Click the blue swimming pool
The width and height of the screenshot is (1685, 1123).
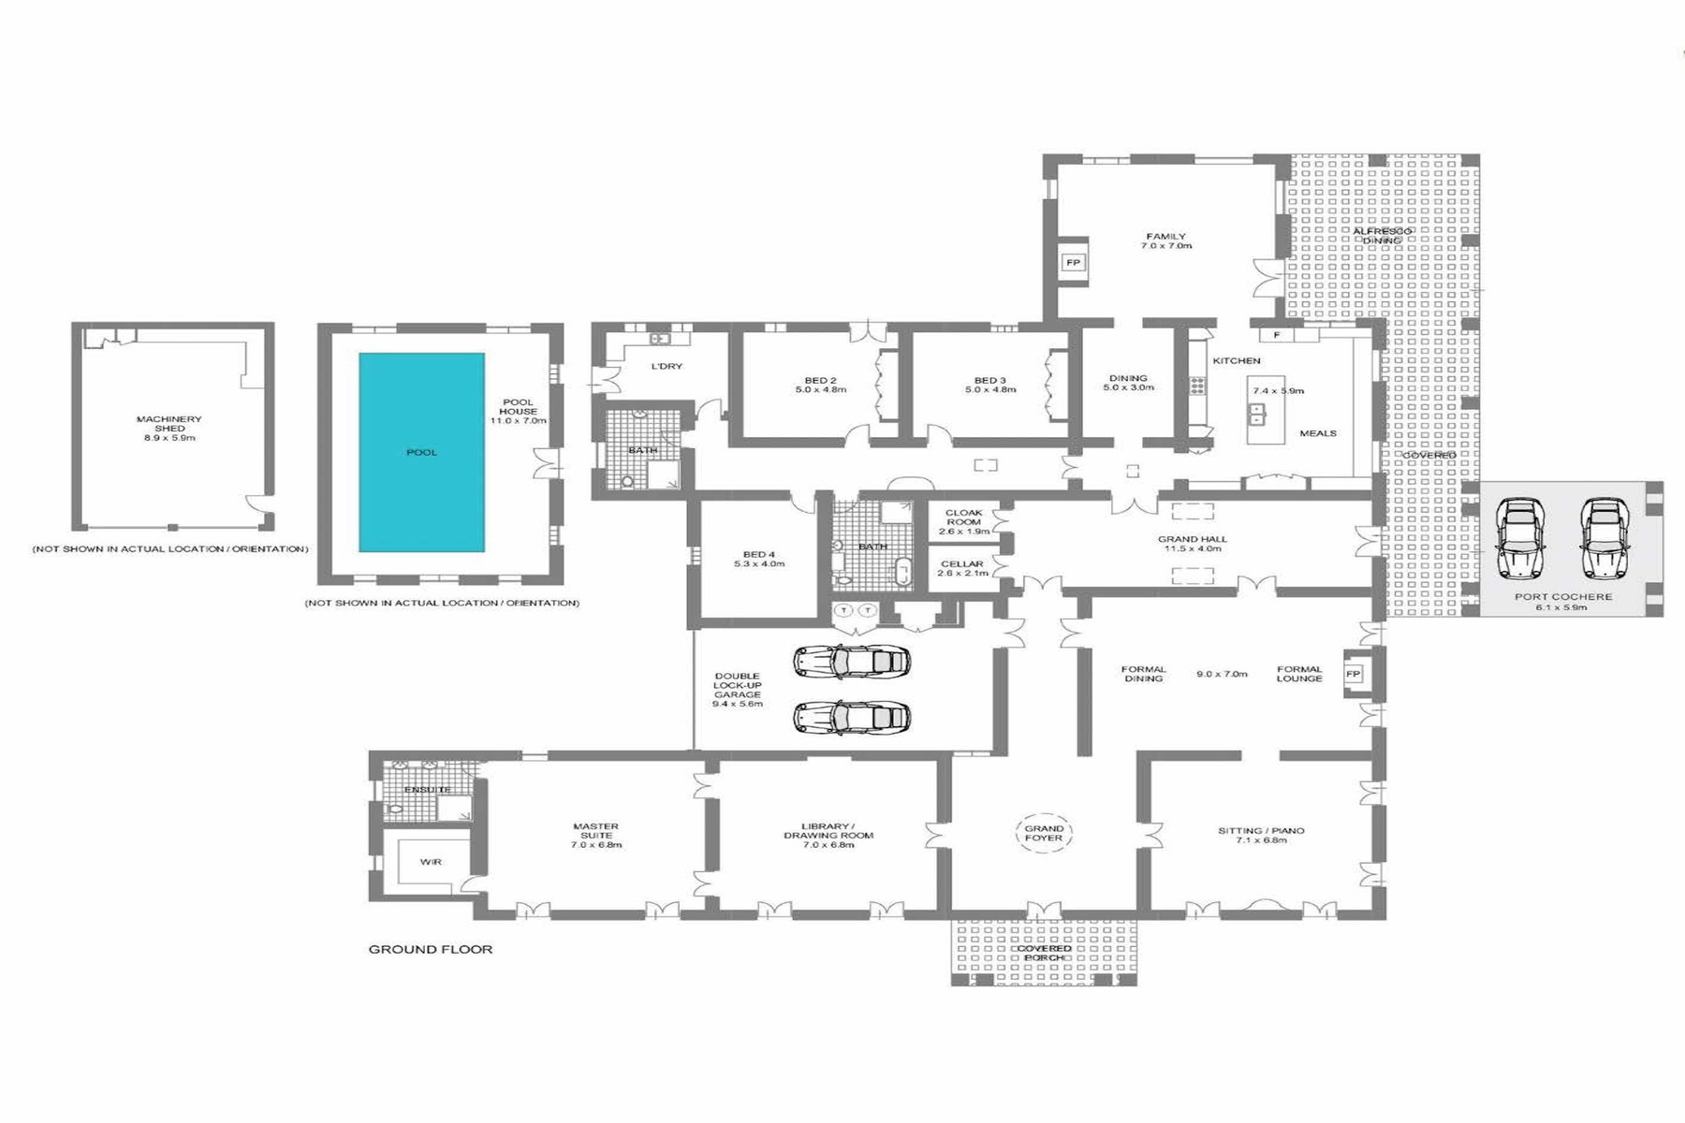pyautogui.click(x=421, y=452)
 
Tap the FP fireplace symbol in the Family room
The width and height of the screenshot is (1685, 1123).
pyautogui.click(x=1073, y=263)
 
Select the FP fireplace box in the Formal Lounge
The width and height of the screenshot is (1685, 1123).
pyautogui.click(x=1353, y=674)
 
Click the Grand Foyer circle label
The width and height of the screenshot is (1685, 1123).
pyautogui.click(x=1044, y=833)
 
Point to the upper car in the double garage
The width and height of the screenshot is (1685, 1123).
pyautogui.click(x=852, y=662)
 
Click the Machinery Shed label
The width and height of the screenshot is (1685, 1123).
pyautogui.click(x=168, y=424)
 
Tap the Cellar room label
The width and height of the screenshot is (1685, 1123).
pyautogui.click(x=962, y=564)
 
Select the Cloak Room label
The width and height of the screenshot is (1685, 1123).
pyautogui.click(x=963, y=518)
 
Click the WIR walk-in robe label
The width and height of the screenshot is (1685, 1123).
pyautogui.click(x=431, y=862)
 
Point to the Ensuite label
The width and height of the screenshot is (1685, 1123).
pyautogui.click(x=427, y=790)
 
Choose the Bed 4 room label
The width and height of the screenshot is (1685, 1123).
pyautogui.click(x=759, y=554)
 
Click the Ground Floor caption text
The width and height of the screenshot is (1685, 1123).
pyautogui.click(x=431, y=949)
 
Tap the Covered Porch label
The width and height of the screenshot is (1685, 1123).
pyautogui.click(x=1045, y=954)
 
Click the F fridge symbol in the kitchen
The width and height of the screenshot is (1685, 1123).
pyautogui.click(x=1276, y=335)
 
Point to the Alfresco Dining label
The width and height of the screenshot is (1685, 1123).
pyautogui.click(x=1382, y=236)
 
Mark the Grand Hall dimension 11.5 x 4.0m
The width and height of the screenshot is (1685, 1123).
pyautogui.click(x=1192, y=548)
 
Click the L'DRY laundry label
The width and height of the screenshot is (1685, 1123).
pyautogui.click(x=667, y=366)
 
